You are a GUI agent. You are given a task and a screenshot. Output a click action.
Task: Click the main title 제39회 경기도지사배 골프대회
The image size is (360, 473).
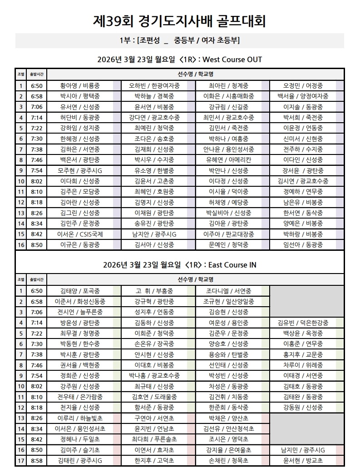click(179, 21)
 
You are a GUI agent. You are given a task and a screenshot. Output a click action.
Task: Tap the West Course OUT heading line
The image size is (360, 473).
click(179, 60)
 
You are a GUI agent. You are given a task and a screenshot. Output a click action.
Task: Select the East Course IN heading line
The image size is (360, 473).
click(179, 265)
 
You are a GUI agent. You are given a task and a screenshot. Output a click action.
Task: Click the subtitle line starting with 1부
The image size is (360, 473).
click(179, 41)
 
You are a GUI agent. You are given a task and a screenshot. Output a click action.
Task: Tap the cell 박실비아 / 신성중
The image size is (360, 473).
click(228, 213)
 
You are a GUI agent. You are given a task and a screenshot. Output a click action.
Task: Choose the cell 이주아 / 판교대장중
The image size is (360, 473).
click(228, 234)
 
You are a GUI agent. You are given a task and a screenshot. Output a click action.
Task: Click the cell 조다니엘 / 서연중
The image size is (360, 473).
click(228, 291)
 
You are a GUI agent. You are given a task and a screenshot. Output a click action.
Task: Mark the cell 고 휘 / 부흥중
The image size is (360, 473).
click(154, 291)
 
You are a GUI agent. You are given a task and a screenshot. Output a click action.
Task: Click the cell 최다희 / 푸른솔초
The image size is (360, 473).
click(154, 439)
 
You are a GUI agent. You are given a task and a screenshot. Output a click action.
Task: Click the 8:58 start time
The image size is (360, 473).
click(37, 461)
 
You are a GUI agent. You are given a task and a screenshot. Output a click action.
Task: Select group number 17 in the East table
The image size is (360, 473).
click(20, 461)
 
